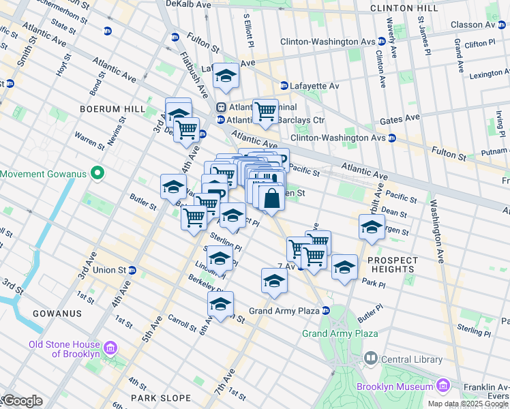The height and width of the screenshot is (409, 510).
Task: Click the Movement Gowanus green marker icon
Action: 97,173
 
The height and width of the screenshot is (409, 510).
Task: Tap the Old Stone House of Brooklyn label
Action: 64,349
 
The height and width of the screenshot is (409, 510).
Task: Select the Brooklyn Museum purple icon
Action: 443,387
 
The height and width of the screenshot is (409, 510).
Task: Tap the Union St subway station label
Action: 109,270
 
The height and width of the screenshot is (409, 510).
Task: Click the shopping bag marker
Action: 271,198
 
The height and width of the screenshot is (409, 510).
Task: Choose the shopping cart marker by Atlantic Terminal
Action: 265,110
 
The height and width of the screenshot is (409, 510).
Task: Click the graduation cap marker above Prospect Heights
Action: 372,228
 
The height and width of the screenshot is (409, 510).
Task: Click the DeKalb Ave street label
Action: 188,4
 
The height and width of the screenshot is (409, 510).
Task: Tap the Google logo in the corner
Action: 22,401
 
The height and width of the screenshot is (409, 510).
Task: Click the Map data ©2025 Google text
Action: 468,404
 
